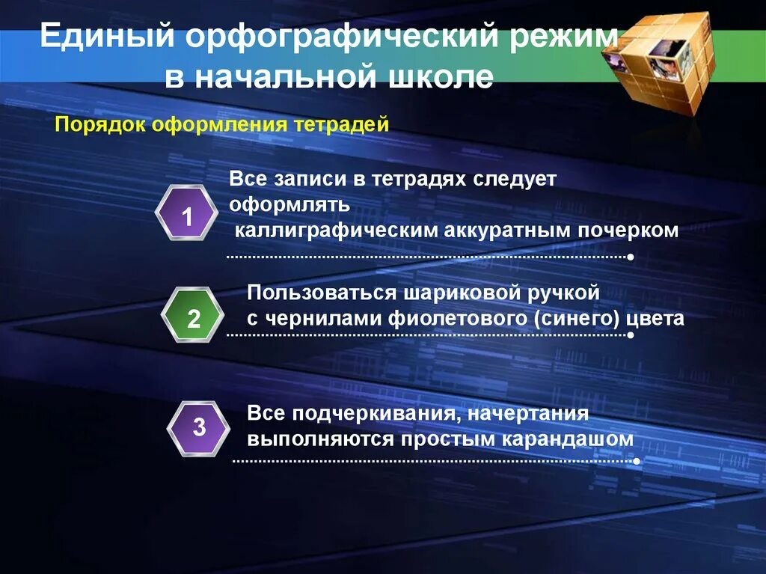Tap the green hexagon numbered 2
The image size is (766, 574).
193,320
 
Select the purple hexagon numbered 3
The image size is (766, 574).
198,428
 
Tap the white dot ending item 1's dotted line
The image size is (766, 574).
631,257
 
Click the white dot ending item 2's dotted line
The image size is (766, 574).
631,335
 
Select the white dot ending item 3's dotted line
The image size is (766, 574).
636,462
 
